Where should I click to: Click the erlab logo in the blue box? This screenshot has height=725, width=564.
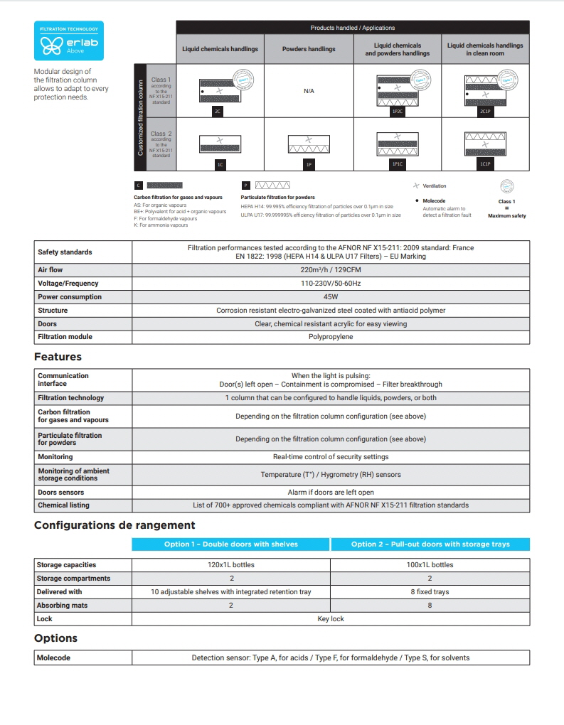[68, 42]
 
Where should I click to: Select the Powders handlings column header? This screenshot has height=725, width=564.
[308, 49]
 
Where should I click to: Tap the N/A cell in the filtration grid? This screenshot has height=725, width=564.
[308, 91]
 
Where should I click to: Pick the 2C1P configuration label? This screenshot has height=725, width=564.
[485, 112]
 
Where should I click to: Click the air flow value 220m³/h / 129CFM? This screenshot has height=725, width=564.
[331, 270]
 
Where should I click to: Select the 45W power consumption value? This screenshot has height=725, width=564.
[331, 297]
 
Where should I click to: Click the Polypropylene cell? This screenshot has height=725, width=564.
[331, 337]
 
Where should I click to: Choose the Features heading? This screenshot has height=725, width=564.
[58, 357]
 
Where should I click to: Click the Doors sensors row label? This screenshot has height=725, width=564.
[61, 492]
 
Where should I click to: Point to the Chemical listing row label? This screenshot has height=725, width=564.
[63, 505]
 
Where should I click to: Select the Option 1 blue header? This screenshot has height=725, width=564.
[231, 544]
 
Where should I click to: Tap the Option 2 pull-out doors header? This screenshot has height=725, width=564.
[430, 544]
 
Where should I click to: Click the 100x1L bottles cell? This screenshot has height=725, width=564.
[430, 565]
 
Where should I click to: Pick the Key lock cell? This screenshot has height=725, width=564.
[331, 619]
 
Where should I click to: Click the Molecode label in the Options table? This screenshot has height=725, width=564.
[54, 658]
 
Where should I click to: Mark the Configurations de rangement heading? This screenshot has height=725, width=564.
[115, 525]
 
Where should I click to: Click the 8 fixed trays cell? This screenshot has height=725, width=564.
[430, 592]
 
